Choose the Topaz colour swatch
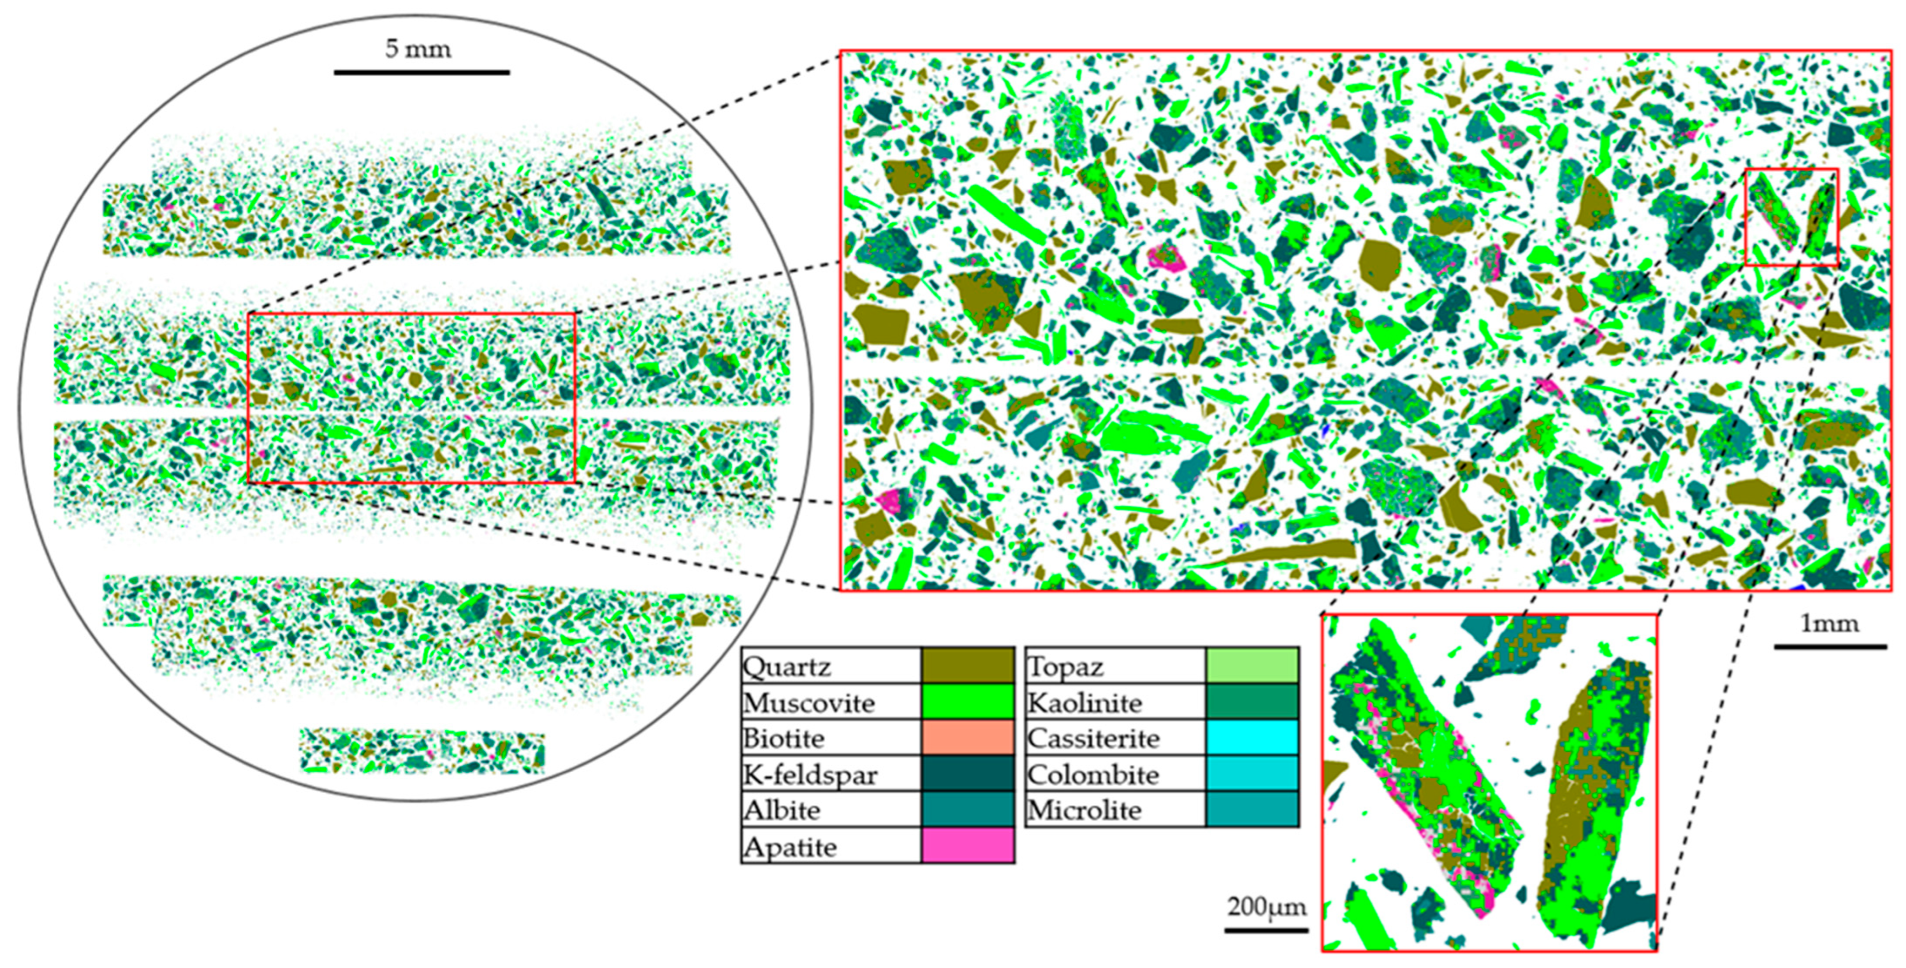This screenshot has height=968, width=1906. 1252,665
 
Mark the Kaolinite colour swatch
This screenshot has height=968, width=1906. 1252,701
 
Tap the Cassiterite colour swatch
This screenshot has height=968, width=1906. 1252,737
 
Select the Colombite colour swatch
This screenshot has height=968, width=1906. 1252,773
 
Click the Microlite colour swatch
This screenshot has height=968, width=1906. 1252,809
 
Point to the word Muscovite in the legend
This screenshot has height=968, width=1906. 809,702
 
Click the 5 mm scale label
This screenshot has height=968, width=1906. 418,49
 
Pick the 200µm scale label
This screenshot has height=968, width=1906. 1267,907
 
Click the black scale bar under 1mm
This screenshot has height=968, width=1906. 1830,647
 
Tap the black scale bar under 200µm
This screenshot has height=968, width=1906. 1266,929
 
